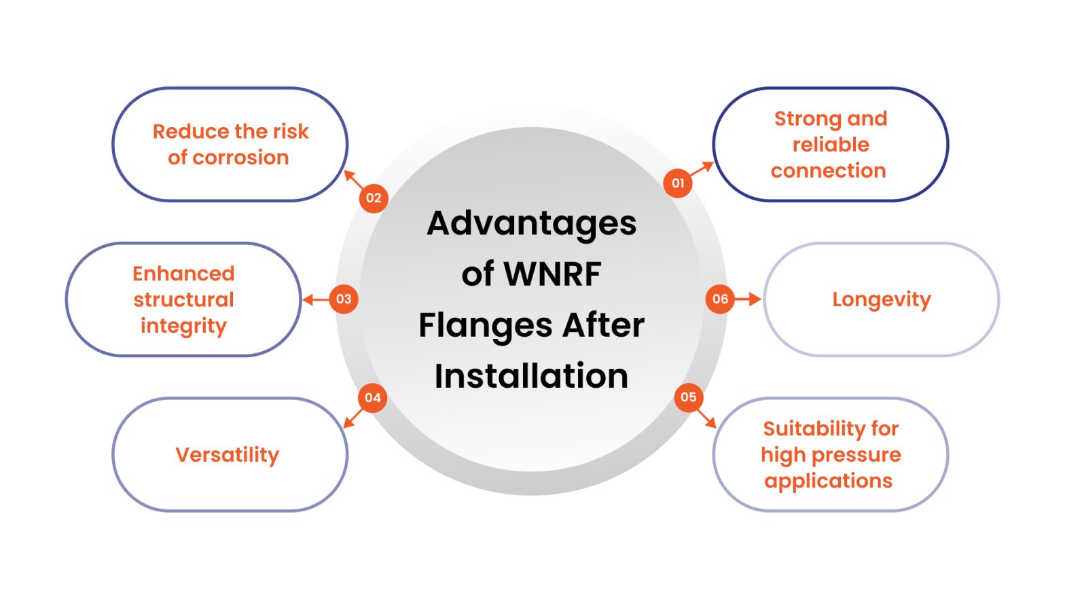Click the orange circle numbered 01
tap(678, 183)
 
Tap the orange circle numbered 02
tap(374, 198)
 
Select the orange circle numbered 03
tap(344, 299)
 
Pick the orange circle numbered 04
tap(372, 398)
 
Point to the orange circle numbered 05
tap(688, 397)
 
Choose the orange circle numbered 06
tap(720, 299)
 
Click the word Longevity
tap(881, 299)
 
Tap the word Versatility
tap(228, 454)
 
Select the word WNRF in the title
tap(552, 274)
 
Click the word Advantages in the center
tap(532, 223)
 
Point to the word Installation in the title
tap(532, 376)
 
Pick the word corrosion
tap(240, 158)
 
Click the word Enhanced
tap(183, 274)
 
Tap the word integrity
tap(183, 326)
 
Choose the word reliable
tap(831, 145)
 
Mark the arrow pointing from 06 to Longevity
tap(748, 299)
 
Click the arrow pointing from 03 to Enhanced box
tap(315, 299)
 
